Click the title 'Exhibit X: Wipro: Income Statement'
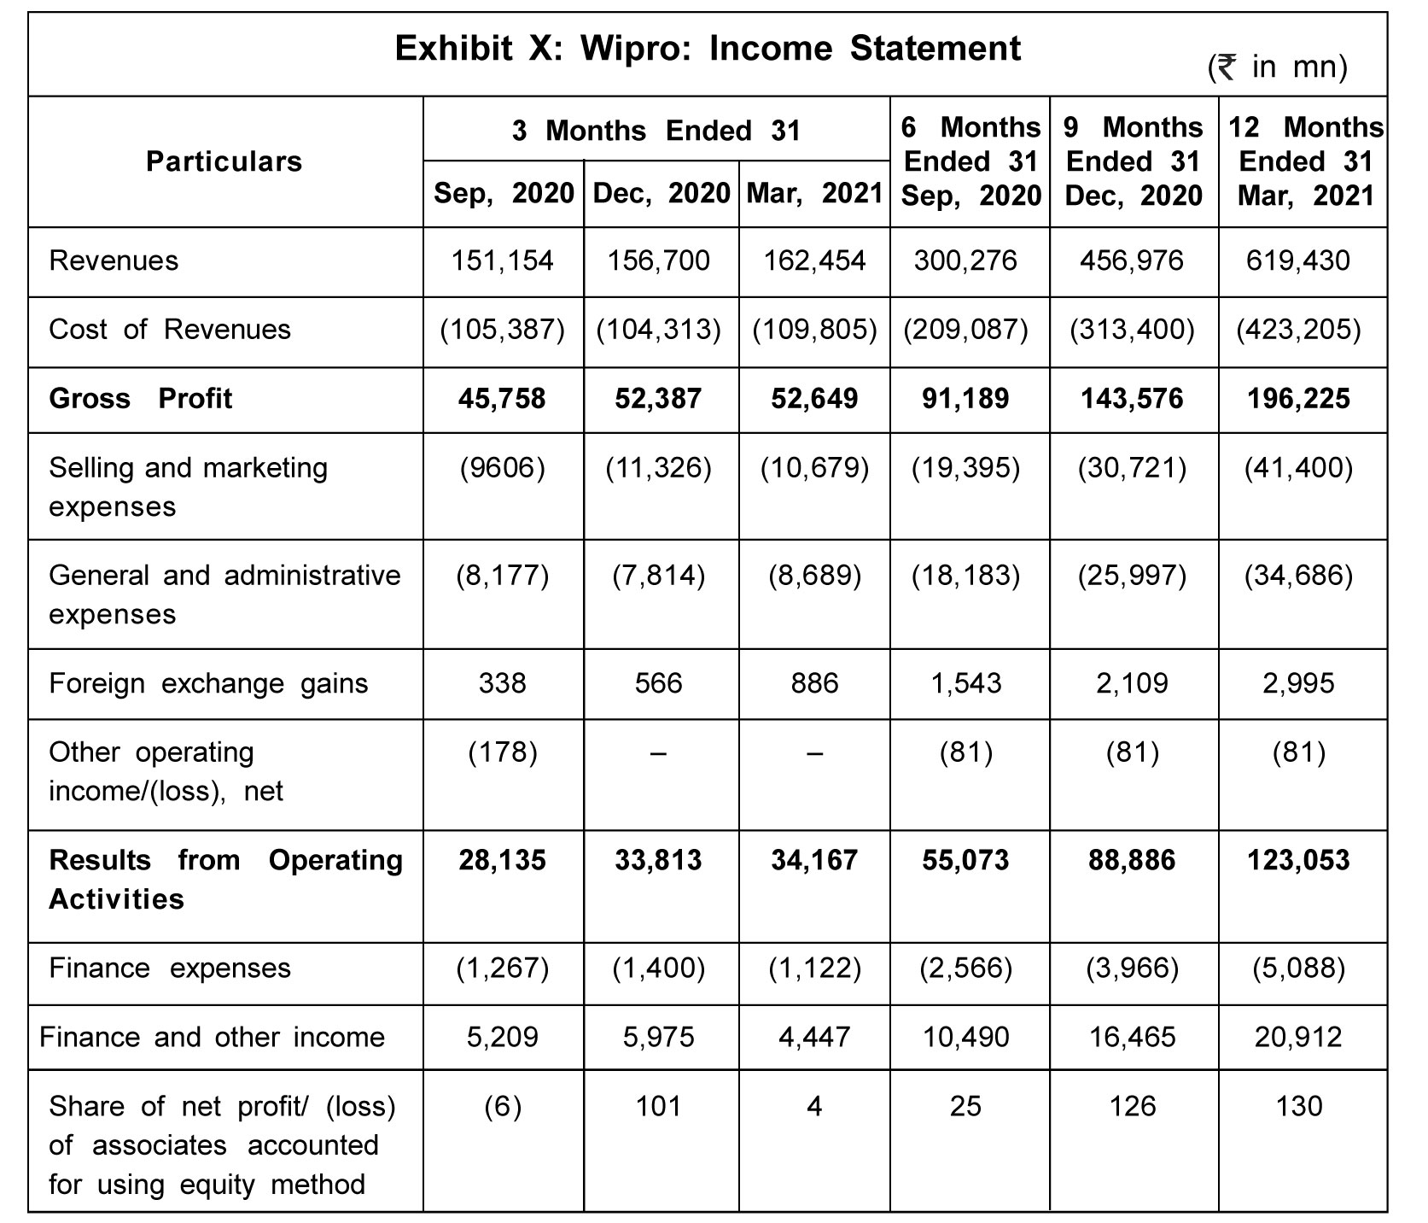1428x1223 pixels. [x=708, y=49]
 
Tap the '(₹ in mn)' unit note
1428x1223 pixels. [x=1278, y=66]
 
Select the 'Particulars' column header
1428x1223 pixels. [x=224, y=161]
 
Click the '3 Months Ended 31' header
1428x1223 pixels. [x=656, y=130]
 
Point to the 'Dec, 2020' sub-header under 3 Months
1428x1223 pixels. [x=661, y=194]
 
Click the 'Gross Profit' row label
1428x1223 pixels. [x=141, y=398]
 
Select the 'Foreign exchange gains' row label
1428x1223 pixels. [x=208, y=683]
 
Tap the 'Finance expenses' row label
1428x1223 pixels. [x=170, y=968]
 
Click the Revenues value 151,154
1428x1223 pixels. [x=503, y=260]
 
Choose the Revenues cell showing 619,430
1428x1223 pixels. [x=1298, y=260]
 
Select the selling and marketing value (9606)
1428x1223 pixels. [x=503, y=467]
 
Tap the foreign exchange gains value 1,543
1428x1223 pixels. [x=966, y=683]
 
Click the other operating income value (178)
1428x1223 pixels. [x=503, y=752]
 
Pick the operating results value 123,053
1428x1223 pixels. [x=1298, y=859]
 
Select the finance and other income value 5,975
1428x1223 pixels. [x=659, y=1037]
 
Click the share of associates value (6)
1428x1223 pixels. [x=503, y=1106]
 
